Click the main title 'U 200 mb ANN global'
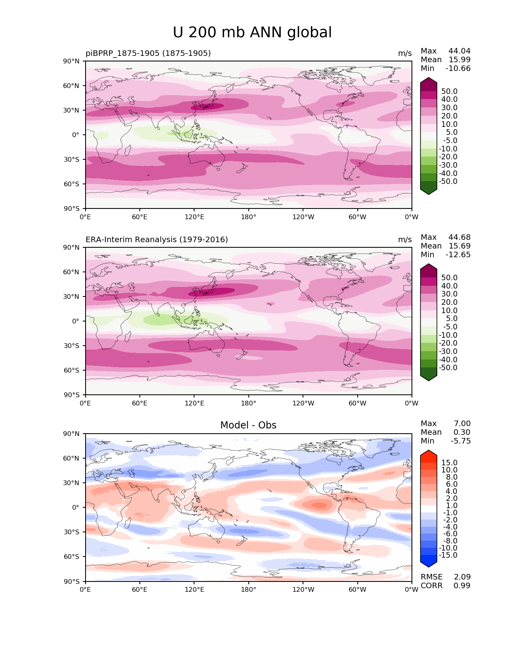[x=252, y=33]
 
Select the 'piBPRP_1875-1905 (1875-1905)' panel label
[x=148, y=53]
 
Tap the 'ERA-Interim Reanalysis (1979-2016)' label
[x=156, y=239]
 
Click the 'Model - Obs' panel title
[x=248, y=425]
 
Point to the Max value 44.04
[x=459, y=51]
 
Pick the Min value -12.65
[x=458, y=254]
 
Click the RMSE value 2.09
[x=462, y=577]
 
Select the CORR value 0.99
[x=462, y=585]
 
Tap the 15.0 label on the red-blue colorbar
[x=449, y=463]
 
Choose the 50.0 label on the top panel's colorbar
[x=449, y=91]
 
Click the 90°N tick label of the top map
[x=72, y=61]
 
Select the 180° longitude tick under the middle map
[x=248, y=403]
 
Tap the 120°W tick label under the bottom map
[x=303, y=589]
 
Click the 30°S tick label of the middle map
[x=72, y=346]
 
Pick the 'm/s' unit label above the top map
[x=405, y=53]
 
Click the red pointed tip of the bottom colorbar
[x=429, y=453]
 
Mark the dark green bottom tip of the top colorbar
[x=429, y=191]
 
